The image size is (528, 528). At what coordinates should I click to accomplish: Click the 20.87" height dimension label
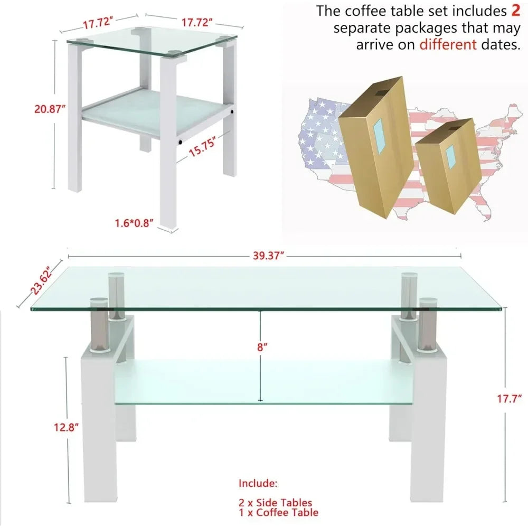pyautogui.click(x=50, y=109)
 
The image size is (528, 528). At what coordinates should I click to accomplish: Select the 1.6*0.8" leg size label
pyautogui.click(x=134, y=223)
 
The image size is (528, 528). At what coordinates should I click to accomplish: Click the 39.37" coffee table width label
pyautogui.click(x=268, y=256)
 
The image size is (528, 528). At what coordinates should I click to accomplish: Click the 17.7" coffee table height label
pyautogui.click(x=510, y=399)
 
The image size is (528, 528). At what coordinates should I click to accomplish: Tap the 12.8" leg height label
pyautogui.click(x=67, y=427)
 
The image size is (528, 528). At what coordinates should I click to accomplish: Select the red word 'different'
pyautogui.click(x=448, y=44)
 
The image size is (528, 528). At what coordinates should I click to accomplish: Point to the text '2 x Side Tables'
pyautogui.click(x=275, y=503)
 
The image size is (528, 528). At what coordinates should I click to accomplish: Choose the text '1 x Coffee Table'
pyautogui.click(x=278, y=513)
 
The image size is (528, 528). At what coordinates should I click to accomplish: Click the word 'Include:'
pyautogui.click(x=258, y=483)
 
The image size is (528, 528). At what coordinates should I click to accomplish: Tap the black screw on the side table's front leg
pyautogui.click(x=180, y=142)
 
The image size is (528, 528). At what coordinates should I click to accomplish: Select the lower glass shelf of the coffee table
pyautogui.click(x=263, y=382)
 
